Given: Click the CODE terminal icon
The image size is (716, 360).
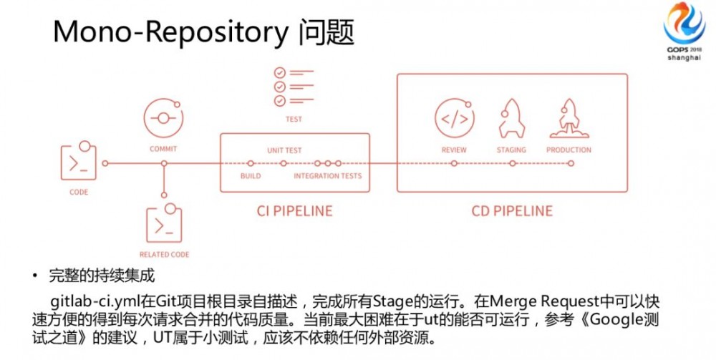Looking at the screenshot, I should pos(79,162).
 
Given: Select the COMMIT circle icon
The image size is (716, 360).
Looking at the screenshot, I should pos(163,117).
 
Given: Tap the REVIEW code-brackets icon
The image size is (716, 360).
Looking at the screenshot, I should pos(454,118).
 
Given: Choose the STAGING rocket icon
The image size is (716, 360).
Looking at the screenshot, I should pos(511,117).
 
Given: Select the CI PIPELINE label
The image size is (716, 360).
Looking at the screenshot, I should pos(294,210).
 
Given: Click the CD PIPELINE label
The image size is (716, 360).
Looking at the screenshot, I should pos(512,210).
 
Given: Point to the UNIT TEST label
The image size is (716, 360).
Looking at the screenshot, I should pos(284,151).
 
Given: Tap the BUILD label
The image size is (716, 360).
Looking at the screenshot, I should pos(251,176).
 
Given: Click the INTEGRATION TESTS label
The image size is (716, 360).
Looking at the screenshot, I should pos(328,176).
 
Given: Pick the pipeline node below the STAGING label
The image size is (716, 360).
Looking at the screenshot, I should pos(512,163).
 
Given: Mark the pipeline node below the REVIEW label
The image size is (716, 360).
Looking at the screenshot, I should pos(454,163).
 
